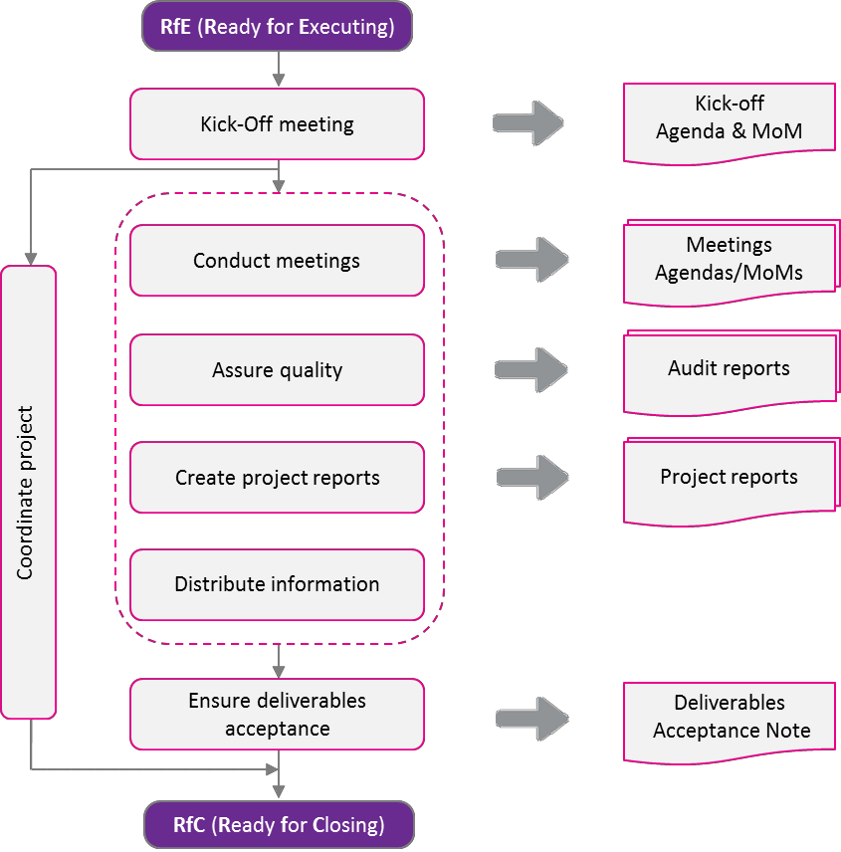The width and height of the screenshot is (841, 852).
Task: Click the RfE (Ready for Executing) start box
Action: point(278,26)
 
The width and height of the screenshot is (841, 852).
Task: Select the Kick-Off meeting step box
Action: point(277,124)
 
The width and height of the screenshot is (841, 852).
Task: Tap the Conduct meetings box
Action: point(277,261)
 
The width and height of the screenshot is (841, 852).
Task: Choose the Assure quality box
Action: point(277,370)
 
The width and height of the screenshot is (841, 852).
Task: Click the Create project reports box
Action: point(277,478)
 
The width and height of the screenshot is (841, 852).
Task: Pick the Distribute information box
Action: point(277,584)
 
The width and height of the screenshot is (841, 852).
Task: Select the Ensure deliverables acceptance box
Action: point(277,715)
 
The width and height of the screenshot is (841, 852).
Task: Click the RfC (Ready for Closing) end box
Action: point(279,825)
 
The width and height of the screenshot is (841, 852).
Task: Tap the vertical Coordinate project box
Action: point(28,492)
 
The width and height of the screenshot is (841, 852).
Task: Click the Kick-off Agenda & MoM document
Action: point(729,119)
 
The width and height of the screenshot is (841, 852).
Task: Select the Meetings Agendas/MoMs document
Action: point(729,261)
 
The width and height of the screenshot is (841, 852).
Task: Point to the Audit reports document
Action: point(729,370)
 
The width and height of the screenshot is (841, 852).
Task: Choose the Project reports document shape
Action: point(729,479)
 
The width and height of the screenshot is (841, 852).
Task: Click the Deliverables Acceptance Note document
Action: point(731,719)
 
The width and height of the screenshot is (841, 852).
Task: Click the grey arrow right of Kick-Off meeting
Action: point(528,123)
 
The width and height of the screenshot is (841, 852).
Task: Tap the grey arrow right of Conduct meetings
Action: point(532,260)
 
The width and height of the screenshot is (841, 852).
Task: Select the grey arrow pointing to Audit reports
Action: point(532,369)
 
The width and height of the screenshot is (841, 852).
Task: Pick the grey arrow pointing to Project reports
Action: point(532,478)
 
